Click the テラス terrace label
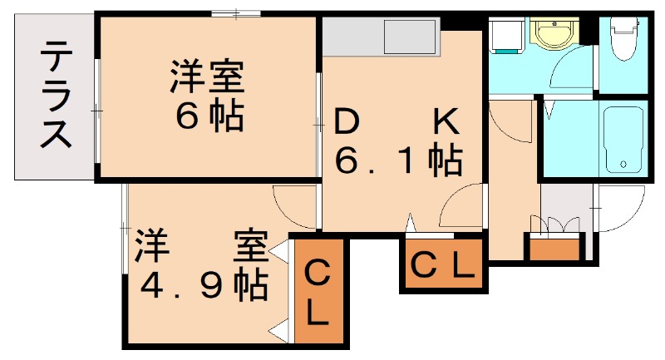coord(56,96)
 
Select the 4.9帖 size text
coord(203,285)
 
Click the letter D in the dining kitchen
coord(347,123)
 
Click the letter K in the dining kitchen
coord(445,123)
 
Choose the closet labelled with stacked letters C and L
coord(317,293)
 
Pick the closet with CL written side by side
coord(443,265)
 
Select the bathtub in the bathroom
coord(622,139)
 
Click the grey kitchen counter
coord(378,37)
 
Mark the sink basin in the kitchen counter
coord(409,37)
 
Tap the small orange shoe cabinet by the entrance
coord(554,248)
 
